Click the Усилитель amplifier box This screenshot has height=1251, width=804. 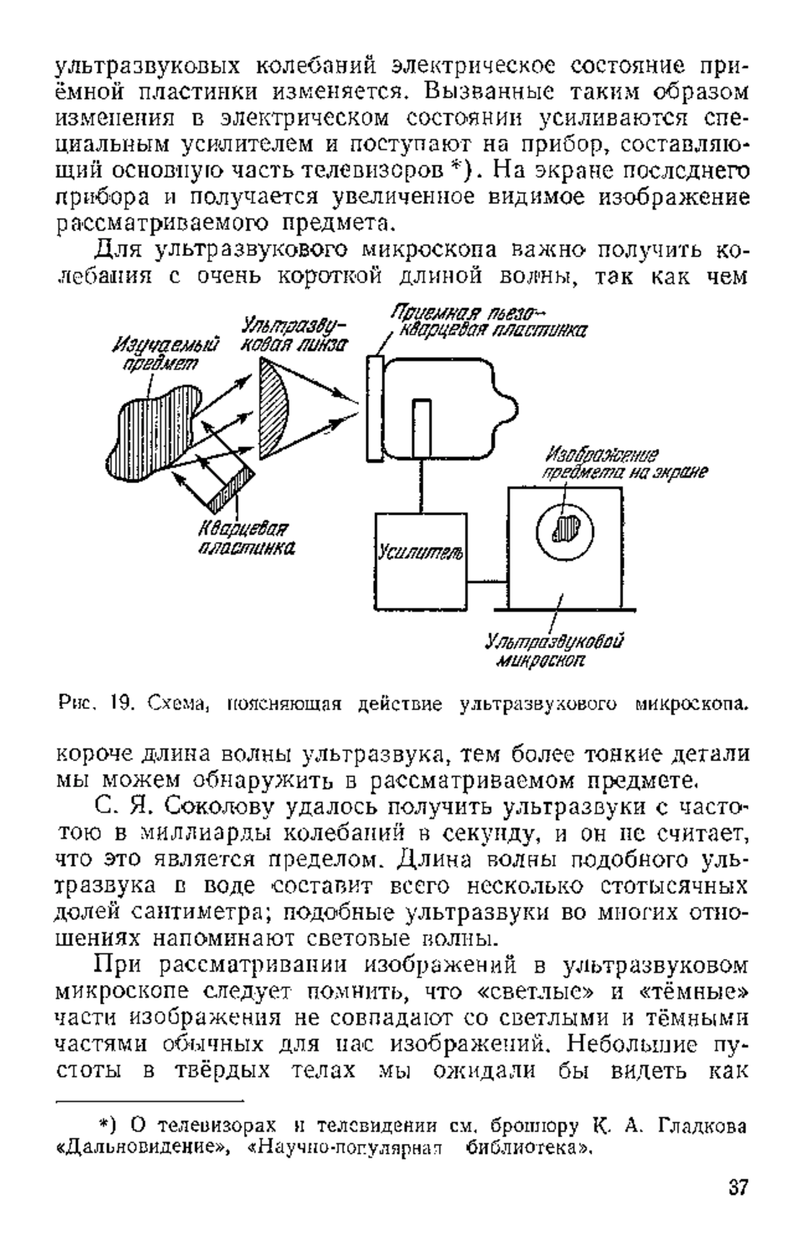coord(420,561)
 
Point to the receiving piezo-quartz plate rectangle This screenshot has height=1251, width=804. coord(375,408)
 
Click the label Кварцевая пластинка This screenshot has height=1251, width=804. coord(245,538)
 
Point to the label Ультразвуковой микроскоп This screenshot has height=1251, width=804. coord(555,651)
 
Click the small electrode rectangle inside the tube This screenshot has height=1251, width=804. coord(421,429)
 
